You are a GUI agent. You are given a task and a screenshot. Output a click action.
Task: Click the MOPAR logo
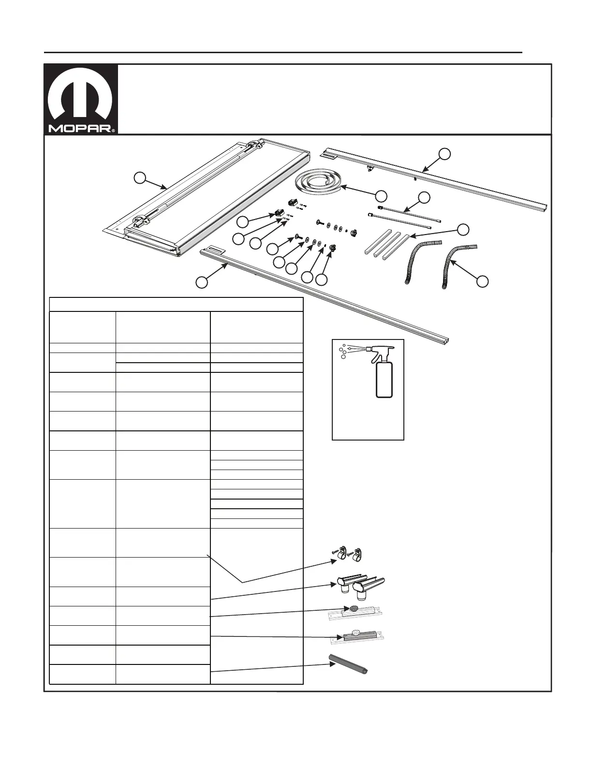pyautogui.click(x=80, y=97)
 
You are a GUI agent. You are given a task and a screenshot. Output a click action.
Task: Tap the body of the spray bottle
pyautogui.click(x=384, y=379)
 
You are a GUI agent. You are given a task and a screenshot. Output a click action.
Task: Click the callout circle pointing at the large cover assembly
pyautogui.click(x=140, y=177)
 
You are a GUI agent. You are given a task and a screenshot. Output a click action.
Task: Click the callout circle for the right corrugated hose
pyautogui.click(x=482, y=281)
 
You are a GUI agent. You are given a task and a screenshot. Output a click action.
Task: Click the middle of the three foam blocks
pyautogui.click(x=386, y=245)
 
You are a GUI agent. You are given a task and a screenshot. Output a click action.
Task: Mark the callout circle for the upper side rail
pyautogui.click(x=444, y=153)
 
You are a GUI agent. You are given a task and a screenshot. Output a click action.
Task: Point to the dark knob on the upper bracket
pyautogui.click(x=354, y=609)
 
